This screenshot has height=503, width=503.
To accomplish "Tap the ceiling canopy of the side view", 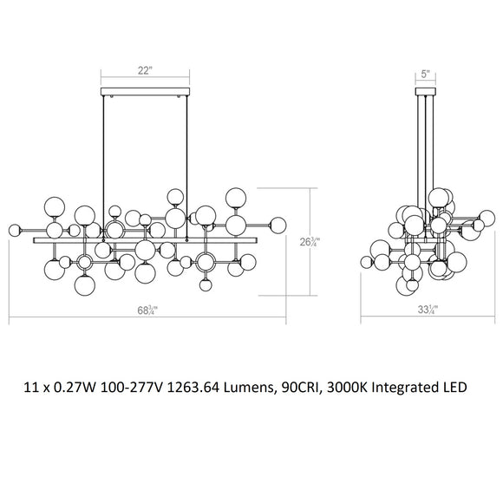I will pyautogui.click(x=425, y=91).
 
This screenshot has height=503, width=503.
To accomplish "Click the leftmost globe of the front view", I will pyautogui.click(x=14, y=230).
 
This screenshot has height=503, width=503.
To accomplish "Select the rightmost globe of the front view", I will pyautogui.click(x=278, y=224).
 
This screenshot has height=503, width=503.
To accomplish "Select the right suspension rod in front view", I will pyautogui.click(x=187, y=156).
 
